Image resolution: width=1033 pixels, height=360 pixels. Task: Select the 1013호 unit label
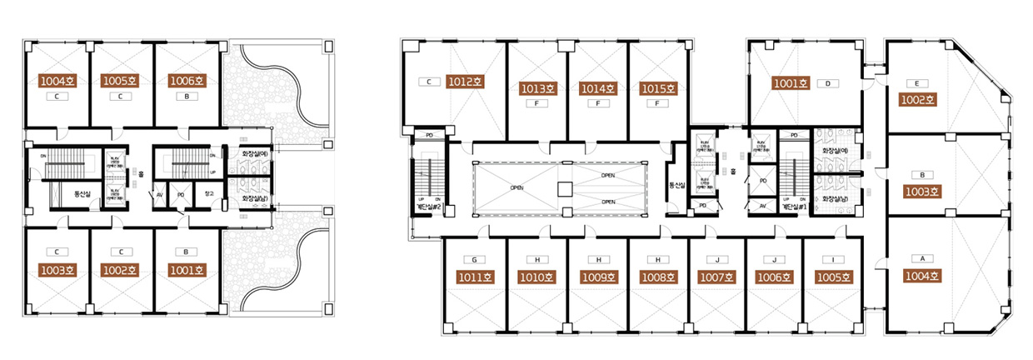click(x=538, y=88)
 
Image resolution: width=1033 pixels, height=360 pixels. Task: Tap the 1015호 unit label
click(x=658, y=88)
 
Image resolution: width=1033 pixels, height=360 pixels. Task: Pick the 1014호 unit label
click(x=598, y=88)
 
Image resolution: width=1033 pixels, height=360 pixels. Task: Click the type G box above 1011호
click(x=473, y=259)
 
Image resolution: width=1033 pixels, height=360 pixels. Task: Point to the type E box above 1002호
click(x=916, y=83)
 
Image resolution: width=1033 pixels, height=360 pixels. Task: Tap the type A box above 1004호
click(x=922, y=258)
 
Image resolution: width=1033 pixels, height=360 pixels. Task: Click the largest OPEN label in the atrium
click(x=517, y=187)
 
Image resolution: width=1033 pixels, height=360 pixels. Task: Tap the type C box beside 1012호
click(x=428, y=82)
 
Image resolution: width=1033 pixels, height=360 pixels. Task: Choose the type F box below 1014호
click(x=598, y=104)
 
